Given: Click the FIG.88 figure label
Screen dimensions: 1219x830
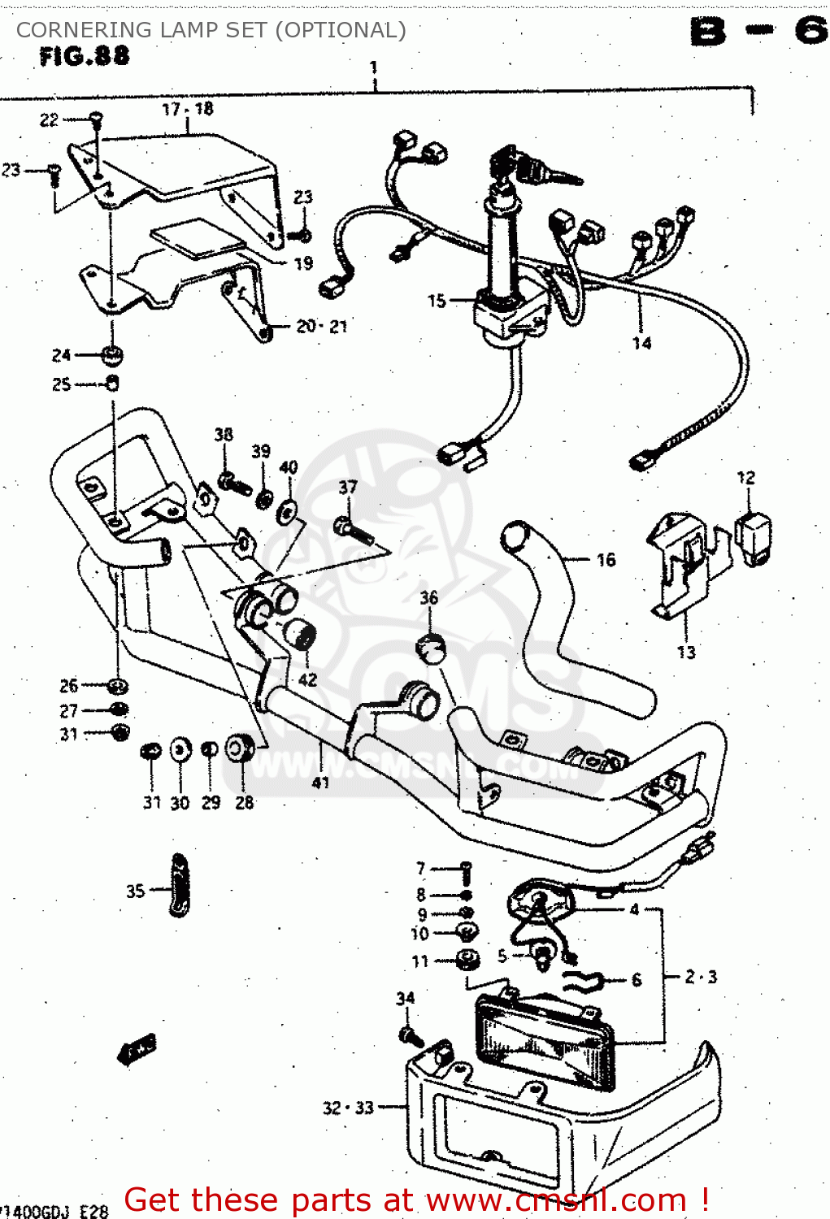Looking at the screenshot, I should [x=84, y=56].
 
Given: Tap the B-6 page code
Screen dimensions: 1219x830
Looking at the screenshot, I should [x=758, y=33].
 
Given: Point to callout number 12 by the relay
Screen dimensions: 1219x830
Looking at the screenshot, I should [x=745, y=478].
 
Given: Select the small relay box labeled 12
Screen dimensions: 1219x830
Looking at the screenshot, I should [x=753, y=536].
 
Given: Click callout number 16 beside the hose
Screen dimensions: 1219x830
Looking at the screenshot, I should [x=606, y=560].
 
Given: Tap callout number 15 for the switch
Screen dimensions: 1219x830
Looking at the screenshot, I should [x=437, y=301].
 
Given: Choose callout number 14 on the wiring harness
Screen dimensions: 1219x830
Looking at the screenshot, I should [x=641, y=343].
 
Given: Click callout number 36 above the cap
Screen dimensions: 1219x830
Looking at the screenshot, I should [x=428, y=598].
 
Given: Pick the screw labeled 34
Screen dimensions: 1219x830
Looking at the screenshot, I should [x=409, y=1035].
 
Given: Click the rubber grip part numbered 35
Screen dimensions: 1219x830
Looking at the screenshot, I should [x=179, y=886].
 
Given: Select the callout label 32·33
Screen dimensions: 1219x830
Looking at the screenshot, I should [x=348, y=1108].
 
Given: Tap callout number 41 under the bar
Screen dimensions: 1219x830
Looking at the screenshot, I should [x=320, y=783].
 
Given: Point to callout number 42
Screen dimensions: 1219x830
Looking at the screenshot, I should [x=307, y=679].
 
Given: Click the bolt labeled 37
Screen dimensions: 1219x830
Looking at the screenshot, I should [x=354, y=531].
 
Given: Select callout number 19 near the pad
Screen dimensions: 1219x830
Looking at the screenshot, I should [x=303, y=263].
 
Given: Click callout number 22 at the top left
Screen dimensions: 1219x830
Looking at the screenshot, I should [x=49, y=120].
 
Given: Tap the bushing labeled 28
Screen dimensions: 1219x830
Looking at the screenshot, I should [x=239, y=748].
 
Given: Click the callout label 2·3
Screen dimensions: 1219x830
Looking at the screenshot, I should [x=701, y=977].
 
